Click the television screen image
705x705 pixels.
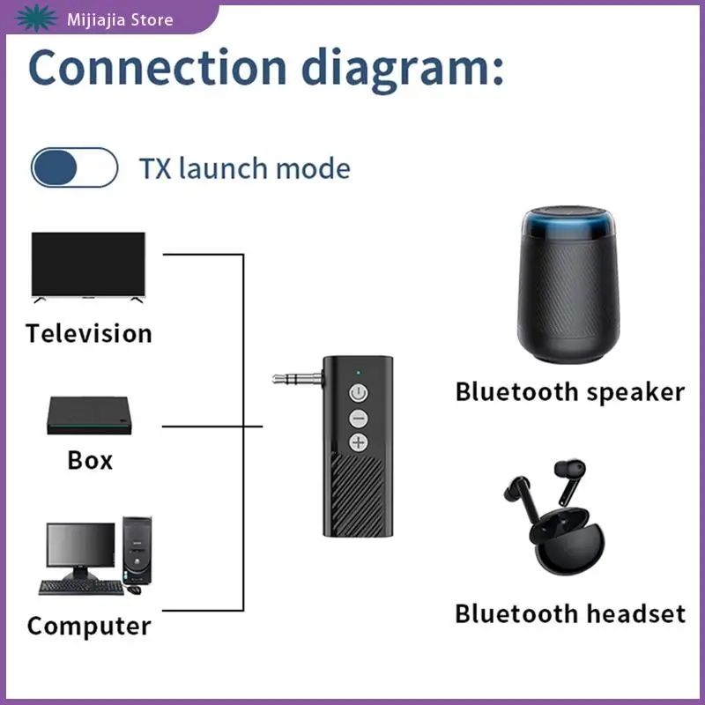point(88,264)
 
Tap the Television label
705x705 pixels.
point(88,334)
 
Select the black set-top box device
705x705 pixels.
point(89,418)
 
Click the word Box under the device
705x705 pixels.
point(90,460)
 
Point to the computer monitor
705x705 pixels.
point(80,550)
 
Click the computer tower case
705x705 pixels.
point(137,551)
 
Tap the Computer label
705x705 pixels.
point(88,627)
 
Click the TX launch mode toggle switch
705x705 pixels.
point(74,167)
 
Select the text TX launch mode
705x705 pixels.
point(244,167)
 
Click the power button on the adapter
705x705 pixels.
point(358,392)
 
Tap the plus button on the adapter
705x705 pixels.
point(358,442)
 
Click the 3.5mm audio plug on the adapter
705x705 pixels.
point(294,379)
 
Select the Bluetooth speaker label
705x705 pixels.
point(569,392)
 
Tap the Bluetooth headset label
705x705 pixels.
point(569,613)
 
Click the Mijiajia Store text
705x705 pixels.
point(120,19)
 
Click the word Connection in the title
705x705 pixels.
point(157,68)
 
